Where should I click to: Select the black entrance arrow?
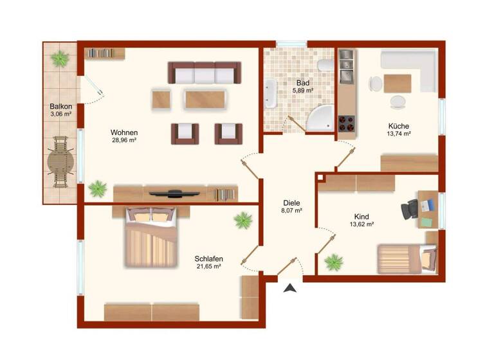(x=291, y=289)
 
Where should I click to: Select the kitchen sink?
(x=346, y=62)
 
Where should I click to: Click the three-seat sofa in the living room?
(x=204, y=73)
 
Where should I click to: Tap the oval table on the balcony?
(x=61, y=161)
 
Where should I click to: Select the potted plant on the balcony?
(x=60, y=59)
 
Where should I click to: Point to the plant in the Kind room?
(x=333, y=262)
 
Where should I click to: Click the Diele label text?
(x=291, y=203)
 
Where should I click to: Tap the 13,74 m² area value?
(x=399, y=134)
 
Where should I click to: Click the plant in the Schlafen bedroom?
(x=243, y=221)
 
